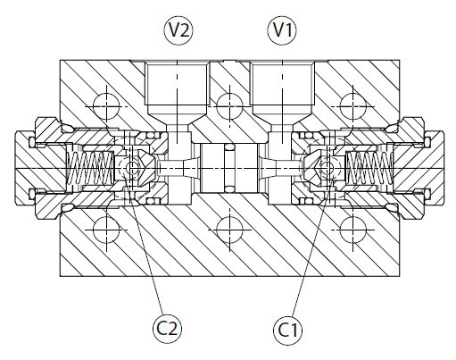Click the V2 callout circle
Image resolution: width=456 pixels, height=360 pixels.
click(x=178, y=30)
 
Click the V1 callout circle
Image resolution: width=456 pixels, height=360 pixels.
click(x=282, y=30)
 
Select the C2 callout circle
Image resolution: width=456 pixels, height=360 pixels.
click(x=167, y=329)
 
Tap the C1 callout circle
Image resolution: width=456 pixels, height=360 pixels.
click(x=287, y=330)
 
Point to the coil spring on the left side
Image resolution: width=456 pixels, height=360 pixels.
click(x=90, y=168)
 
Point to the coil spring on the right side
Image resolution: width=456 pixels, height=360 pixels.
click(x=369, y=168)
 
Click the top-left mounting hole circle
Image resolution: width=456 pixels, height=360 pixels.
click(x=106, y=106)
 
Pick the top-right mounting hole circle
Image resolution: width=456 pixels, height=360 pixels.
click(x=352, y=106)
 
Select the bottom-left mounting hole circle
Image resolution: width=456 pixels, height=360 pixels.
click(x=106, y=230)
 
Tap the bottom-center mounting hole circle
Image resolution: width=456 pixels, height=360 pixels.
click(x=229, y=230)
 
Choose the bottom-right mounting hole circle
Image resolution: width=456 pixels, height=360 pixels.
click(x=352, y=230)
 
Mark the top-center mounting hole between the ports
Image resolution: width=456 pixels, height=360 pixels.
click(x=229, y=106)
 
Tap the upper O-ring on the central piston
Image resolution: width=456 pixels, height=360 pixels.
click(x=229, y=147)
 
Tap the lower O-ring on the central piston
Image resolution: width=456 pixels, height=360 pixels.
click(x=229, y=189)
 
